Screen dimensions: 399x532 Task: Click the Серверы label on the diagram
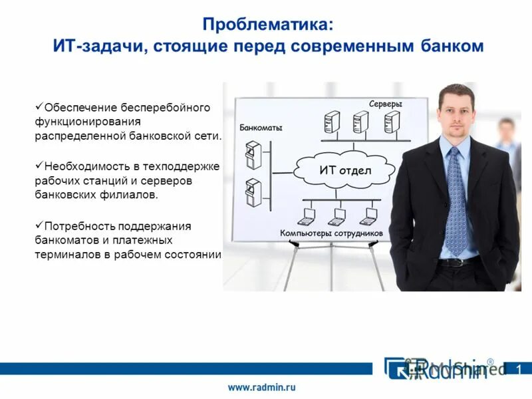point(386,104)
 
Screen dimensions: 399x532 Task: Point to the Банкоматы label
point(261,128)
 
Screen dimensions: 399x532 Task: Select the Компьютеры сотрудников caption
point(331,233)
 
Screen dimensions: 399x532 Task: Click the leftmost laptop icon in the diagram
point(308,216)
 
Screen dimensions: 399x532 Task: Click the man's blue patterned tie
point(456,199)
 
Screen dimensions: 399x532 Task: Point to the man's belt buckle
point(458,262)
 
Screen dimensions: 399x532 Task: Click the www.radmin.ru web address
point(262,386)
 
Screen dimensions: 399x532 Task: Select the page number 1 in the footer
point(519,369)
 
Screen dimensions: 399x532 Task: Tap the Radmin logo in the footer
point(439,368)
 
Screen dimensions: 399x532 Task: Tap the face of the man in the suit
point(456,114)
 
